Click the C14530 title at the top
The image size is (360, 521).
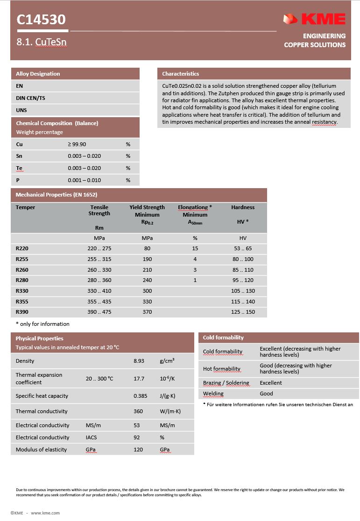click(x=41, y=20)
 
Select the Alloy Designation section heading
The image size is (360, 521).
click(x=38, y=74)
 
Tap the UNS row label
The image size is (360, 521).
click(x=21, y=110)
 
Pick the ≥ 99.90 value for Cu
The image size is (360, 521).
click(x=78, y=144)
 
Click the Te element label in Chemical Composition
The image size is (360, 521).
click(x=19, y=168)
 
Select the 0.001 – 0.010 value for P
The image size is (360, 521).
click(x=84, y=180)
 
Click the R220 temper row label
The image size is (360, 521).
click(x=22, y=248)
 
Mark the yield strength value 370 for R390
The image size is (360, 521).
click(x=147, y=312)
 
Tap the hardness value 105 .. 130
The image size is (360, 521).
click(x=243, y=291)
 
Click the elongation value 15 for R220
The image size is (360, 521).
click(x=195, y=248)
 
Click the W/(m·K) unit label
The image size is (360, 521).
click(x=170, y=411)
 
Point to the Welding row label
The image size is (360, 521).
click(x=213, y=394)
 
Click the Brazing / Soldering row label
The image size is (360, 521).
click(x=226, y=383)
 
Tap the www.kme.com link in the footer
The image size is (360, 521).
click(x=45, y=513)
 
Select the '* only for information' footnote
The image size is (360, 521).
click(x=42, y=324)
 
